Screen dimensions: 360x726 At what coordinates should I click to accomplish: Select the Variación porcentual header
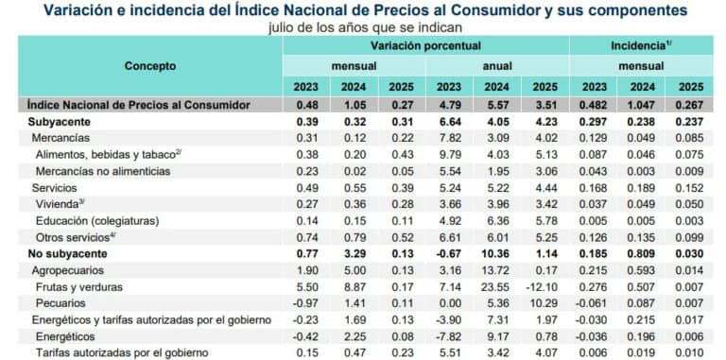(425, 45)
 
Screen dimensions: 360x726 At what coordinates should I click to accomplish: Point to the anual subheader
(497, 66)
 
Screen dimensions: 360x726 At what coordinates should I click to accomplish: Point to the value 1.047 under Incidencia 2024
(643, 104)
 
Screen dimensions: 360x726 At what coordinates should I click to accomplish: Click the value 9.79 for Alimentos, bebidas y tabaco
(449, 154)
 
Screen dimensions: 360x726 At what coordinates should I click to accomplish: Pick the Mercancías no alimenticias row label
(102, 170)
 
